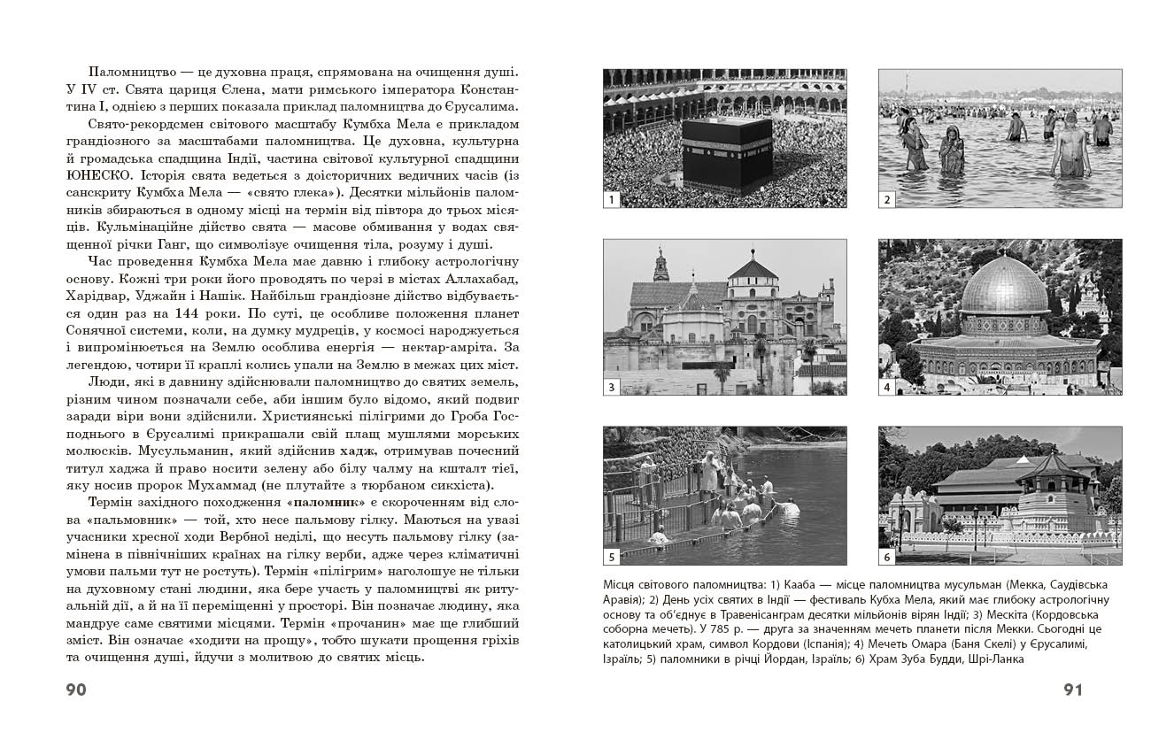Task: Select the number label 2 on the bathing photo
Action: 886,199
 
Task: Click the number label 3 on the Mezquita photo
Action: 611,387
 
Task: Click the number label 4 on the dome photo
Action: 886,387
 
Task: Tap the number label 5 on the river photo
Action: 611,557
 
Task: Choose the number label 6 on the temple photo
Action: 886,557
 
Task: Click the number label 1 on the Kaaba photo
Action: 611,199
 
